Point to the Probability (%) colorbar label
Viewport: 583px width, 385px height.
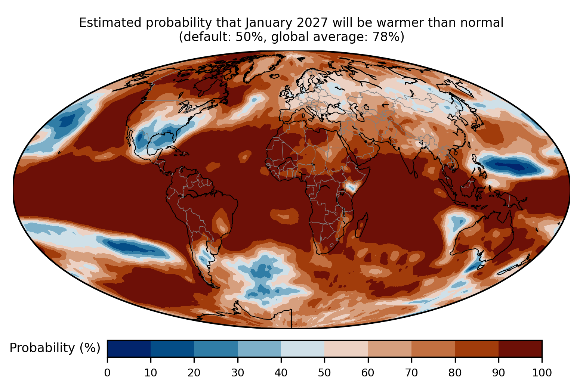(55, 348)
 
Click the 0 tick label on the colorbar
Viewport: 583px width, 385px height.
(107, 373)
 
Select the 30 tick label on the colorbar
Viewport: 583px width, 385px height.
(238, 373)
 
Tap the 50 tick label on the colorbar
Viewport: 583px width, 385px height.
(324, 373)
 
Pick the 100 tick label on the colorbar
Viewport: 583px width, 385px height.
(542, 373)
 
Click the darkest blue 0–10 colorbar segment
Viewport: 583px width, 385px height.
(129, 348)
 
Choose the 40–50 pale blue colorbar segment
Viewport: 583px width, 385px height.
(303, 348)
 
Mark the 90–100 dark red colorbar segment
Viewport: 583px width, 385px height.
(520, 348)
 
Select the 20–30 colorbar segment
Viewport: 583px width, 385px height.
(216, 348)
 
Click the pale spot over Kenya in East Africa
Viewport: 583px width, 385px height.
(350, 187)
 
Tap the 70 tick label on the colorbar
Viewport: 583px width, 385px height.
(411, 373)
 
